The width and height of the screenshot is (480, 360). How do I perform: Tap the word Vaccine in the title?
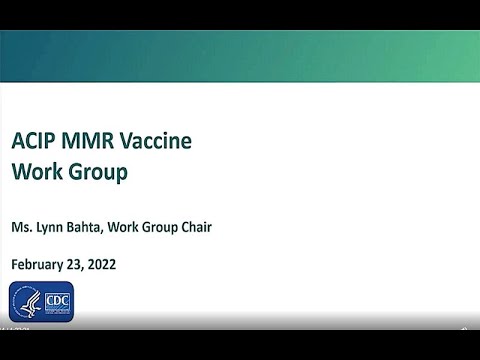click(x=155, y=140)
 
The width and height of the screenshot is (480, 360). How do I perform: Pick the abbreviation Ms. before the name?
click(x=21, y=227)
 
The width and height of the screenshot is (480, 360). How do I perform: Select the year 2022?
click(x=103, y=265)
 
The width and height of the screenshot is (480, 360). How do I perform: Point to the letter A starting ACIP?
click(x=17, y=140)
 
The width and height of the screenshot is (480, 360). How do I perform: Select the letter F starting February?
click(x=14, y=265)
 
